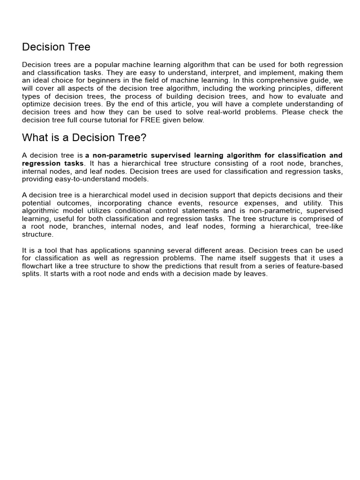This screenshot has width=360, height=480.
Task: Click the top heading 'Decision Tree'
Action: coord(56,47)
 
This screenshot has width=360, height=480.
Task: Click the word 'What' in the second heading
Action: coord(36,138)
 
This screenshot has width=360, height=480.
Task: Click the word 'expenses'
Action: coord(262,203)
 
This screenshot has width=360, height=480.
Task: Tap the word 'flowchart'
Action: coord(38,266)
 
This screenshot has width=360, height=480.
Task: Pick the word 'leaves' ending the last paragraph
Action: coord(256,274)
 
